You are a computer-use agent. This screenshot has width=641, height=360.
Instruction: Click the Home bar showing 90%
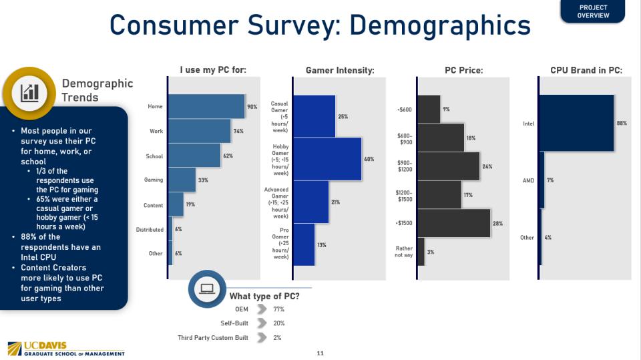pos(206,106)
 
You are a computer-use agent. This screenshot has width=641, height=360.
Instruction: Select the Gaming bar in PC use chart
pos(182,180)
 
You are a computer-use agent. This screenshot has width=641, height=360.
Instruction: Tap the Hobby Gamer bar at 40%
pos(327,159)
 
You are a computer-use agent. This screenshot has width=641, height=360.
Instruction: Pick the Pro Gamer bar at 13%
pos(303,244)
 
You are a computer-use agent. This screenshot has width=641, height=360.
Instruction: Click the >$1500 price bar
pos(454,224)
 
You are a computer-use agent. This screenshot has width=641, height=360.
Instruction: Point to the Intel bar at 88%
pos(576,123)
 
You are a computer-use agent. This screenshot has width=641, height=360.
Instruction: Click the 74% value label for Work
pos(238,131)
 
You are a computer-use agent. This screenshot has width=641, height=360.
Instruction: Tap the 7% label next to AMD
pos(550,180)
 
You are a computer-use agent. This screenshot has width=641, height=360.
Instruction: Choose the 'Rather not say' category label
pos(405,252)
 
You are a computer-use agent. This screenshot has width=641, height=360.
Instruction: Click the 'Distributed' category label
pos(150,229)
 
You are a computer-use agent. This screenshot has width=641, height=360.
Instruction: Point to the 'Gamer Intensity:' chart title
pos(339,70)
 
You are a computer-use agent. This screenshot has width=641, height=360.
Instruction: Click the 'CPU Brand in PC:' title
pos(586,70)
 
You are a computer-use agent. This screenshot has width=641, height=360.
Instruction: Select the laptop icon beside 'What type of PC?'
pos(207,289)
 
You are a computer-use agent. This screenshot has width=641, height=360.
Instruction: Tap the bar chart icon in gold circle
pos(29,92)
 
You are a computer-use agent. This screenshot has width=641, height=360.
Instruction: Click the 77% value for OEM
pos(278,309)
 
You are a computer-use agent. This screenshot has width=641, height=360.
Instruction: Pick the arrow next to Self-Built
pos(261,324)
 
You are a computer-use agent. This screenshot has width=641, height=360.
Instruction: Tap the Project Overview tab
pos(593,11)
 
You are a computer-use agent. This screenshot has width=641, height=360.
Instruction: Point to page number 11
pos(320,353)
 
